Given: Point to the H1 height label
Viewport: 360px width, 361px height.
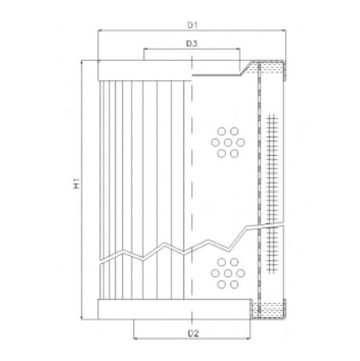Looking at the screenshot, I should (77, 185).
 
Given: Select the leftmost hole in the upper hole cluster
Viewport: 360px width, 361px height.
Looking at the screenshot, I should (215, 142).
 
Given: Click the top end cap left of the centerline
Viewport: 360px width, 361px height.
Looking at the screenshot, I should (143, 70).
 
